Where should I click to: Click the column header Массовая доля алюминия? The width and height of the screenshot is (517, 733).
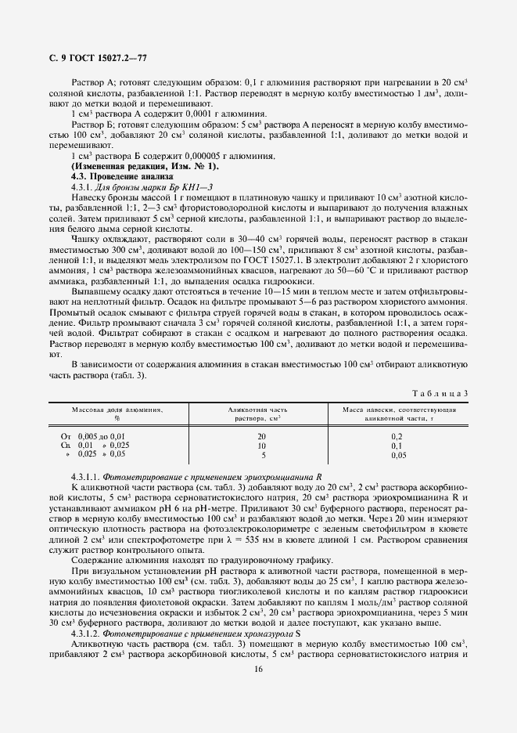pos(117,413)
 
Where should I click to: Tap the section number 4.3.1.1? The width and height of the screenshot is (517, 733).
pos(86,476)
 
